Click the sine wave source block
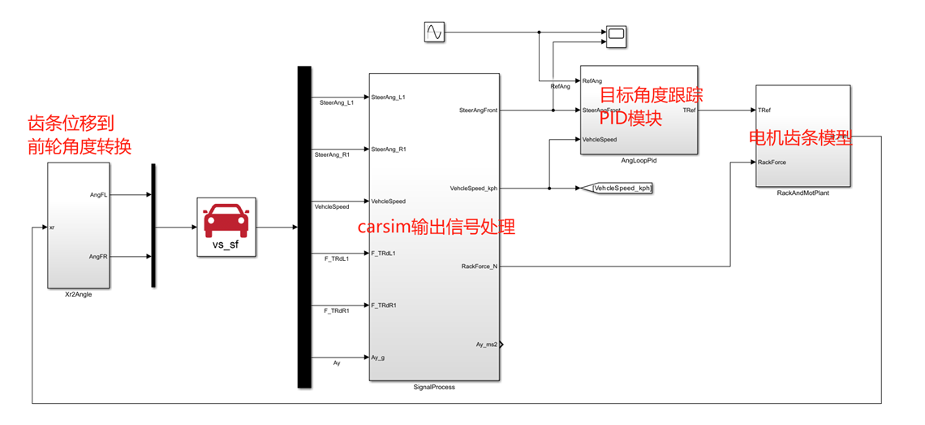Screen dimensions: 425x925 [x=434, y=32]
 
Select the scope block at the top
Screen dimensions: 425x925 [x=617, y=34]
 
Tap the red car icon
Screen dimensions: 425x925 [x=226, y=219]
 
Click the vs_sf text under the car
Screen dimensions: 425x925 [x=226, y=245]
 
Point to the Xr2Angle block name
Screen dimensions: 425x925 [x=78, y=294]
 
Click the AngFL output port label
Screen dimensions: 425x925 [x=99, y=195]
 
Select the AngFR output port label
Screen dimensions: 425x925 [x=99, y=257]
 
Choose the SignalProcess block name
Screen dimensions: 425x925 [x=434, y=387]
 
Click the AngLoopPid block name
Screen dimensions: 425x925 [x=638, y=161]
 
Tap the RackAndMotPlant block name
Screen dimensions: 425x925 [x=802, y=193]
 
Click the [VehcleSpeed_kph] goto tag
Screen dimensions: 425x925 [x=622, y=189]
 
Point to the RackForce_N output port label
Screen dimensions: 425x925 [x=479, y=266]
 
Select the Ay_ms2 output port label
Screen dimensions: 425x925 [x=486, y=345]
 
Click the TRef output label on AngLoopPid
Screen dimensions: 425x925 [x=688, y=110]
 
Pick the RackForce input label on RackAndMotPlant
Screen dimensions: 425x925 [x=772, y=163]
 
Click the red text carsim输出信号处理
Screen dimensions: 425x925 [x=436, y=227]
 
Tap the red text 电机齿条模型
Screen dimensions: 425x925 [x=800, y=137]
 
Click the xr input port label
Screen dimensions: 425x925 [x=52, y=228]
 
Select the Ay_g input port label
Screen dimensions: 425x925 [x=379, y=358]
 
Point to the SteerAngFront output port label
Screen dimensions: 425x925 [x=478, y=110]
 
